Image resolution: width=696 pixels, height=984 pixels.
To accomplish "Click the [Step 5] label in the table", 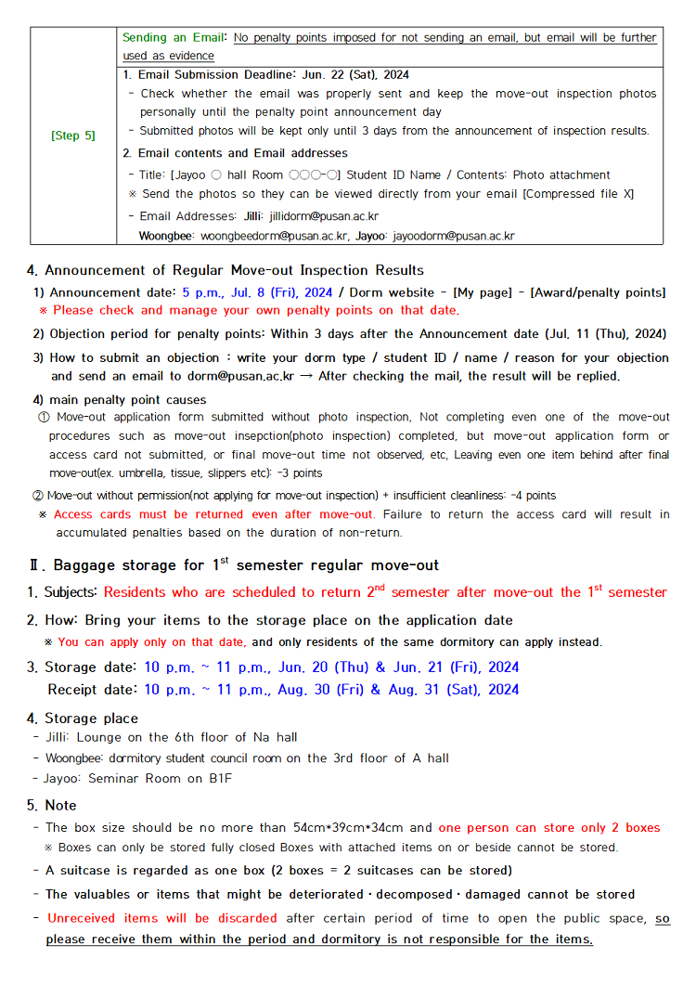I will (x=73, y=136).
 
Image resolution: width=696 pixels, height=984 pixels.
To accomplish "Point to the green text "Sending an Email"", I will (x=174, y=38).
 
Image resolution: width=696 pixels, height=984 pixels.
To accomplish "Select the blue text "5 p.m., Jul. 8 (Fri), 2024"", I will (x=257, y=292).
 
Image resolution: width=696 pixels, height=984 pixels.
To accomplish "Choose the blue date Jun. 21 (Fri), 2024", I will (x=451, y=667).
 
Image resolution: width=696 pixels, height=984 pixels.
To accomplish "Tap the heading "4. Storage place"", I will (x=82, y=718).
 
